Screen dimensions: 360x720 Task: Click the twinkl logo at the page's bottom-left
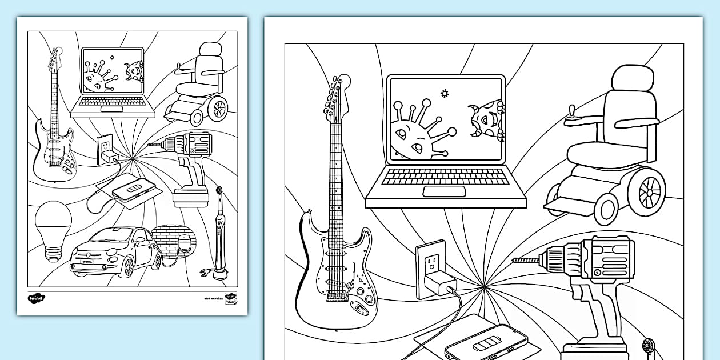coord(36,297)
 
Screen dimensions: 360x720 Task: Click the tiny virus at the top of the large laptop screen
coord(443,92)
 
